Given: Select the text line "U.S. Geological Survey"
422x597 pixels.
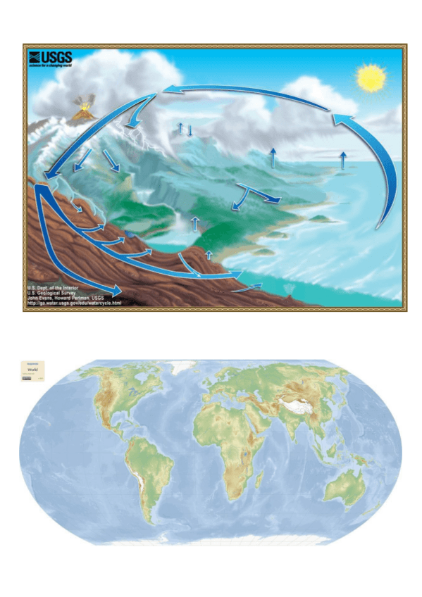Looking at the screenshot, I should pos(59,292).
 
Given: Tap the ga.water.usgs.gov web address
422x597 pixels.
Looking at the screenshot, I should pos(74,303).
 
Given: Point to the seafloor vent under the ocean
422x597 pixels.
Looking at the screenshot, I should pos(290,289).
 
